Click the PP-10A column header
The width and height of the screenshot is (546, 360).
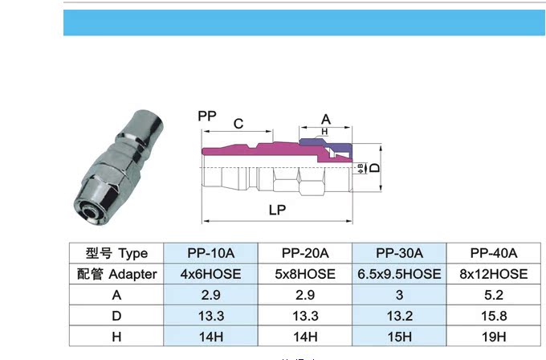pos(210,253)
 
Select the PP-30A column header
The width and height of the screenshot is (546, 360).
pos(399,253)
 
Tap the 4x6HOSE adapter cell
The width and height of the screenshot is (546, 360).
pos(210,274)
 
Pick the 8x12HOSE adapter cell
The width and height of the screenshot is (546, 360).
pos(494,274)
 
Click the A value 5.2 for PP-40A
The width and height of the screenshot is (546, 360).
pos(494,295)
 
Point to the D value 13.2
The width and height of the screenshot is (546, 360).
pos(399,316)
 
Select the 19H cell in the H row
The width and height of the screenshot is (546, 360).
pos(494,337)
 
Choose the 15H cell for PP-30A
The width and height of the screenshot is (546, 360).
pos(399,337)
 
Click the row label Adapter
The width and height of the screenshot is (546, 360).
pos(132,274)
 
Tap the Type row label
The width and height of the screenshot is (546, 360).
pos(133,254)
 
